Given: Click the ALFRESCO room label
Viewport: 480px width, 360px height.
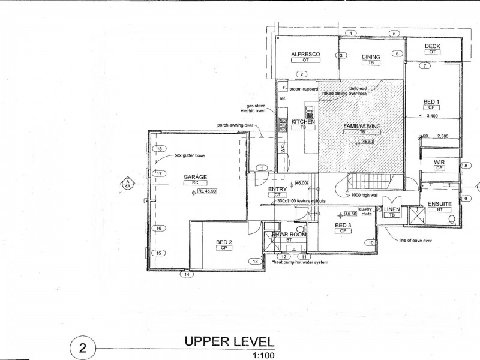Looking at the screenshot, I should point(306,54).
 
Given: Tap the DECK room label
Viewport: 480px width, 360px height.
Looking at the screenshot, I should point(433,46).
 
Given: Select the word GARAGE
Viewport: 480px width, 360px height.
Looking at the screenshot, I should point(196,177).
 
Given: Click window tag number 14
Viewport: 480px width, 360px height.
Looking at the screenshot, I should point(188,274).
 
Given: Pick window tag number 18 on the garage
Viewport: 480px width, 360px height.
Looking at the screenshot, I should point(159,149).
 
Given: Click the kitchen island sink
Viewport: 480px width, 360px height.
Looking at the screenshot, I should point(310,111).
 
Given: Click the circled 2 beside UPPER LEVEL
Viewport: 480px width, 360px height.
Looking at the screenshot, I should point(83,347).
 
